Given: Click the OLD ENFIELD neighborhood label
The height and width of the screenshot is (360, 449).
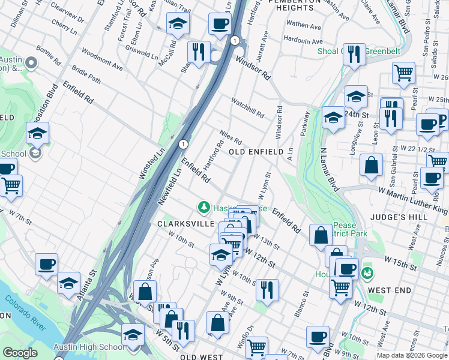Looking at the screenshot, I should click(x=256, y=152).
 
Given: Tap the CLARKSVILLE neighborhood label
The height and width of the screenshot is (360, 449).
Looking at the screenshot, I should click(x=186, y=223).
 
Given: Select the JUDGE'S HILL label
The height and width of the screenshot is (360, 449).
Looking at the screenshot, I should click(x=419, y=218).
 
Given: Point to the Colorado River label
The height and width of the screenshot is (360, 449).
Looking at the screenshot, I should click(x=25, y=313).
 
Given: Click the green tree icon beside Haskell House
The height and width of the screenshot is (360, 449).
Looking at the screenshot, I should click(x=204, y=208).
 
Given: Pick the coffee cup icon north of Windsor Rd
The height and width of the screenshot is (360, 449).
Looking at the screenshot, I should click(x=220, y=25).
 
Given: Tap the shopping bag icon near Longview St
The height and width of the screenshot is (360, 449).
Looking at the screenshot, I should click(x=372, y=165).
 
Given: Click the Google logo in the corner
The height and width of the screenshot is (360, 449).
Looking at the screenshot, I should click(x=19, y=353).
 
